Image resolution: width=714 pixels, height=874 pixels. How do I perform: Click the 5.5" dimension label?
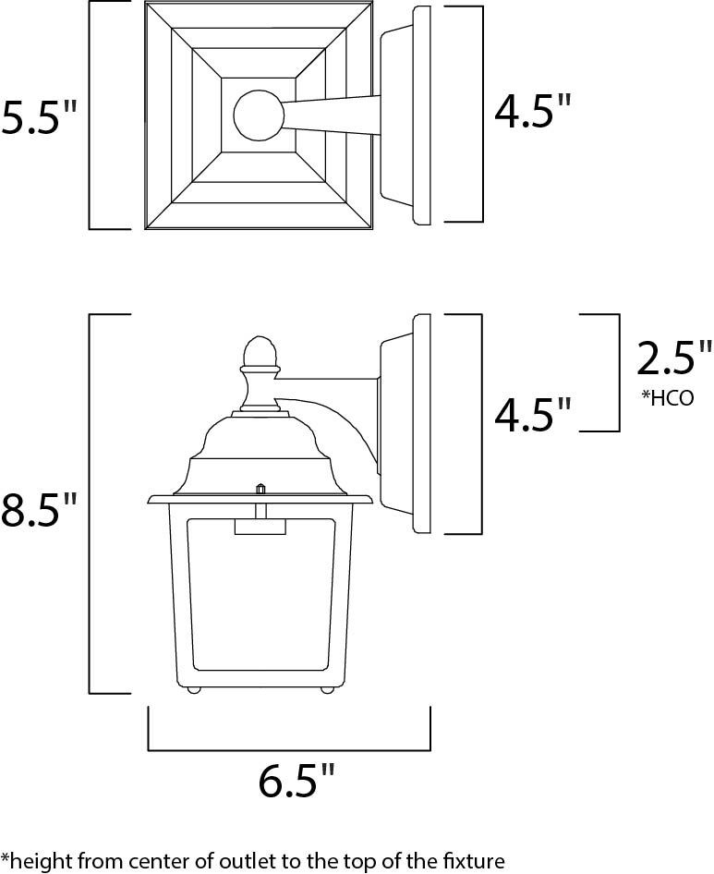tap(40, 117)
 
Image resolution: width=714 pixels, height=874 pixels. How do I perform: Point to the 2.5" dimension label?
tap(674, 358)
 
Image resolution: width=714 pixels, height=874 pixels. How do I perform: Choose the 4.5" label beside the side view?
tap(533, 416)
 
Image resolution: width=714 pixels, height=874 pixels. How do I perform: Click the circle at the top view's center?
tap(259, 116)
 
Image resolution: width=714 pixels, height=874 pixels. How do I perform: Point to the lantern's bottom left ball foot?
tap(195, 689)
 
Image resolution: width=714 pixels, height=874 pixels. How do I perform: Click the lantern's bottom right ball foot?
tap(326, 689)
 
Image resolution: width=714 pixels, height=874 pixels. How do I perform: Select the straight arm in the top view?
tap(333, 115)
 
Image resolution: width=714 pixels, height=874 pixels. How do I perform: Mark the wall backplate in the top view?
tap(421, 115)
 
